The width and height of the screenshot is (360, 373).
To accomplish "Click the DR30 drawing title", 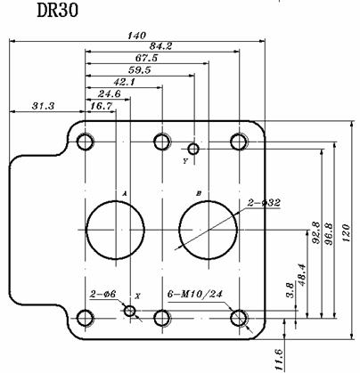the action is point(58,11).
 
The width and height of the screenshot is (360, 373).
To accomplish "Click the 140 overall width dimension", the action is point(137,36).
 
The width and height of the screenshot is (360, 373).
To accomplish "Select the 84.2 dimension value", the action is point(160,46).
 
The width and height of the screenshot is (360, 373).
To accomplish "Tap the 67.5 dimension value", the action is point(146,58).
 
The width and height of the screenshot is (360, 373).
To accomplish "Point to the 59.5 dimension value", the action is point(140,70).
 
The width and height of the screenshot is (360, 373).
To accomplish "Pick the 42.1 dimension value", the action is point(125,82).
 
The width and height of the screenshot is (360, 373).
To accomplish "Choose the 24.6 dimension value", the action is point(110,94).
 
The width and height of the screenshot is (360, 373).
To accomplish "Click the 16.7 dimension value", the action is point(101,106).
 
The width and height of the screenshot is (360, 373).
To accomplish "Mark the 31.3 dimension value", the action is point(44,106).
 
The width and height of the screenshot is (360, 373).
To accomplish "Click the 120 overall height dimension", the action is point(347,233).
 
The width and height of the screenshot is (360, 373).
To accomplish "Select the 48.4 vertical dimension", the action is point(302,274).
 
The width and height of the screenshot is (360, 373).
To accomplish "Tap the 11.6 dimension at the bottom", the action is point(279,360).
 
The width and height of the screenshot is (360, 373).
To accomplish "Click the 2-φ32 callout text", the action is point(264,203).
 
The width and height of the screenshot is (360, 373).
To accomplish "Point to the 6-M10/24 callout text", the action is point(195,294).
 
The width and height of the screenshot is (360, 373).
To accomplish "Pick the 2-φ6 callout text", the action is point(102,294).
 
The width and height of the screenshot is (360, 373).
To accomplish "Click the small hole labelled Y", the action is point(193,149).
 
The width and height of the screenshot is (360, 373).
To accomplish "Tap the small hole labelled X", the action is point(129,311).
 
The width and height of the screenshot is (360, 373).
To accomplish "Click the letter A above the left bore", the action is point(125,193).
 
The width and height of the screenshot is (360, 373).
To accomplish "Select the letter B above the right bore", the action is point(199,193).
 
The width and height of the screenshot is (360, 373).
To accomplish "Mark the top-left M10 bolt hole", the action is point(86,142).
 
